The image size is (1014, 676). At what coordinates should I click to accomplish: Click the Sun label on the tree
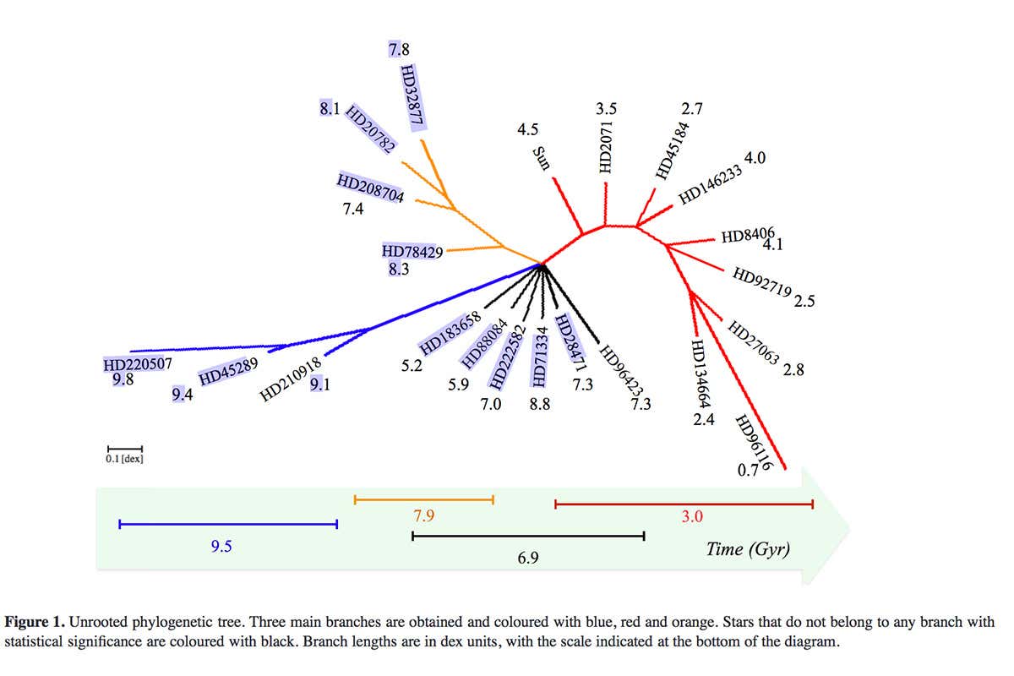(541, 157)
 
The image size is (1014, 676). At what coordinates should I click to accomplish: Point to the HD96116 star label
(753, 442)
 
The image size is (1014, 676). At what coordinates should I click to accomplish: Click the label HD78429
(412, 252)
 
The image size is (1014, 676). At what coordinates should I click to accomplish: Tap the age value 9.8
(123, 380)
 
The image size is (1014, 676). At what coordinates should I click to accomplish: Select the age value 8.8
(539, 405)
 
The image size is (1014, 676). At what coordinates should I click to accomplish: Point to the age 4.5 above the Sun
(527, 129)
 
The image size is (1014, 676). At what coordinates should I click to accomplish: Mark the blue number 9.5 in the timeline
(221, 546)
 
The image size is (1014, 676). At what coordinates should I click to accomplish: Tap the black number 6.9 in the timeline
(529, 558)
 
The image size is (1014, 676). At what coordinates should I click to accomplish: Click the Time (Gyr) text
(748, 549)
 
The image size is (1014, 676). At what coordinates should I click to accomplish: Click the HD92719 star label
(761, 283)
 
